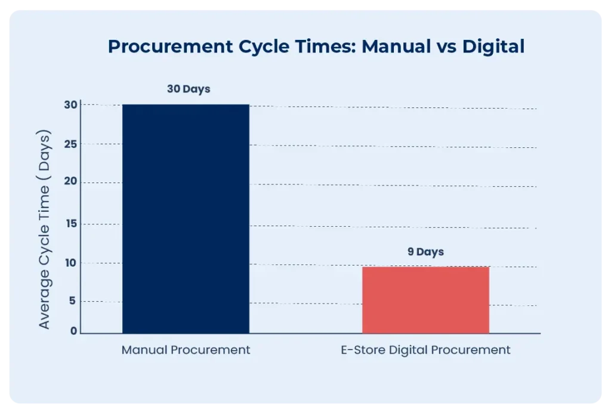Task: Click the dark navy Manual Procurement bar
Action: (186, 218)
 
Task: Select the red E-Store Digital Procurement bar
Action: (425, 299)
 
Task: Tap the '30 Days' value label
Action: (188, 89)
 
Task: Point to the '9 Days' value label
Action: (425, 252)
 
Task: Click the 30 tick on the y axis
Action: (72, 104)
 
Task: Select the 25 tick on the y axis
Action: (72, 144)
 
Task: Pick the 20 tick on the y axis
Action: (72, 183)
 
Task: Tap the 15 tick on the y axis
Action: (72, 224)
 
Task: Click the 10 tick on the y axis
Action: (72, 263)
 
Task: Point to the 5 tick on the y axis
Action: (73, 301)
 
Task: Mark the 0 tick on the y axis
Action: (73, 332)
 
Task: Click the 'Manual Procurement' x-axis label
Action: (186, 350)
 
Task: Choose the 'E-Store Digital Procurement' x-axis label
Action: (425, 350)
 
